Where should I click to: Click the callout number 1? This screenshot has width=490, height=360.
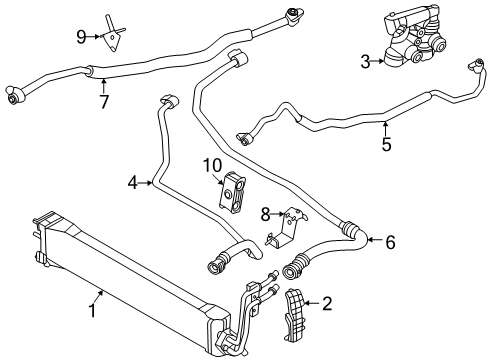click(x=92, y=311)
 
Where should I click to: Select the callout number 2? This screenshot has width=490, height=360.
click(x=327, y=304)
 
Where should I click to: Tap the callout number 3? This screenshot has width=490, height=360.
click(x=366, y=62)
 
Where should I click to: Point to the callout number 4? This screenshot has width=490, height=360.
click(x=133, y=183)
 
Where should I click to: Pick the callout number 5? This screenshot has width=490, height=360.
click(x=386, y=144)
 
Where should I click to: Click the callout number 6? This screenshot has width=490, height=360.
click(x=390, y=242)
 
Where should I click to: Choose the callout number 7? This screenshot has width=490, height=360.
click(x=104, y=102)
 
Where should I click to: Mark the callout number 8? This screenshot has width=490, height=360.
click(x=265, y=215)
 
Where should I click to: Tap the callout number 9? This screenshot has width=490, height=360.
click(x=82, y=37)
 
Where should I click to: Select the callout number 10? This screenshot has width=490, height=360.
click(x=212, y=165)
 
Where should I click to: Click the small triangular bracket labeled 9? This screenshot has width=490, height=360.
click(x=112, y=34)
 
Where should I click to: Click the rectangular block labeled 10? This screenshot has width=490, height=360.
click(x=232, y=193)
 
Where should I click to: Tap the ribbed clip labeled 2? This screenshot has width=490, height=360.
click(x=295, y=316)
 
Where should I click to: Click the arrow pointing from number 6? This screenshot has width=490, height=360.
click(x=375, y=239)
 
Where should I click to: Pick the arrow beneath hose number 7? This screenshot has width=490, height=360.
click(x=104, y=86)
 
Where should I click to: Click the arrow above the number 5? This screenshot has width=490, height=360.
click(x=386, y=129)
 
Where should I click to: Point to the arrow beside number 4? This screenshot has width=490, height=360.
click(x=146, y=183)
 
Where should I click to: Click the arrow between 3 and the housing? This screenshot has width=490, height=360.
click(x=378, y=61)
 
